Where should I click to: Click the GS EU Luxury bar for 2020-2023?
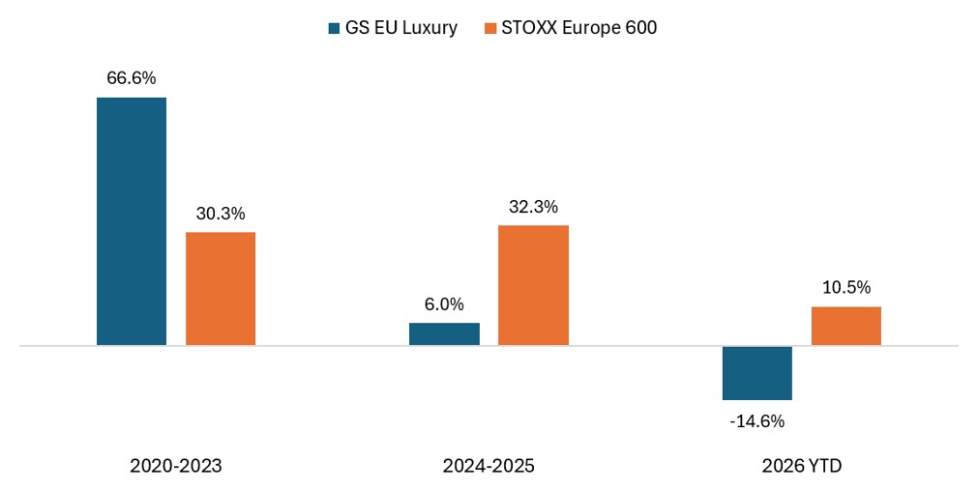pyautogui.click(x=132, y=221)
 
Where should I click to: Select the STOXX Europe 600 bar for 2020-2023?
pyautogui.click(x=221, y=289)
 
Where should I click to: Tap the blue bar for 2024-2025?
pyautogui.click(x=445, y=333)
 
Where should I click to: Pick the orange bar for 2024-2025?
pyautogui.click(x=533, y=285)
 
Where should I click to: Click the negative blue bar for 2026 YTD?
pyautogui.click(x=757, y=373)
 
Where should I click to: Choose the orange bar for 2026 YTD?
pyautogui.click(x=846, y=326)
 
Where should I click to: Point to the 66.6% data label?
pyautogui.click(x=132, y=78)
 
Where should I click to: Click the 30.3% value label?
pyautogui.click(x=221, y=214)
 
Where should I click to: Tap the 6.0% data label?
pyautogui.click(x=445, y=303)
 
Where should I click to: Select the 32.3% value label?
pyautogui.click(x=533, y=207)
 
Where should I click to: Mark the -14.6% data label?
pyautogui.click(x=757, y=421)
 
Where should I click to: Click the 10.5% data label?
pyautogui.click(x=846, y=287)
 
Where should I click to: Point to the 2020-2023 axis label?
pyautogui.click(x=176, y=466)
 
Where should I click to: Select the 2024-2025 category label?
pyautogui.click(x=489, y=466)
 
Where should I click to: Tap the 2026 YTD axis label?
pyautogui.click(x=802, y=466)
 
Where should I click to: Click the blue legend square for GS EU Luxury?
pyautogui.click(x=335, y=28)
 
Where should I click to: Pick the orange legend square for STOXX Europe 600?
pyautogui.click(x=490, y=28)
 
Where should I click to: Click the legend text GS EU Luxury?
pyautogui.click(x=401, y=28)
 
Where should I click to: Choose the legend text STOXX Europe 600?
pyautogui.click(x=578, y=28)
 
